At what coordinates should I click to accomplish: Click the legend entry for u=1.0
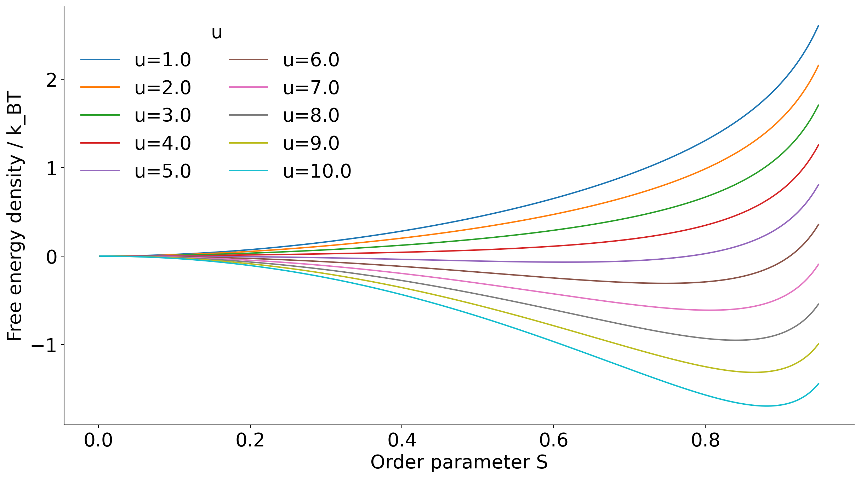click(x=162, y=60)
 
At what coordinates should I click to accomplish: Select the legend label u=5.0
click(x=162, y=171)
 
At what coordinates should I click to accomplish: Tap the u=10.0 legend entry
click(x=317, y=171)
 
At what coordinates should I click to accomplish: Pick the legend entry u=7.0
click(x=311, y=88)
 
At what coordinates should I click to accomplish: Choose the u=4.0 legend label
click(x=162, y=143)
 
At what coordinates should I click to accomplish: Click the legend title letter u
click(x=217, y=33)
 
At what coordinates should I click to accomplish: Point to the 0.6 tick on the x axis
click(x=553, y=440)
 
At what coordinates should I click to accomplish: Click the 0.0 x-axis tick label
click(x=98, y=440)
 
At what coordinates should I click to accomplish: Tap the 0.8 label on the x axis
click(x=705, y=440)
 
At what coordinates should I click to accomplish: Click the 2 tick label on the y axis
click(x=52, y=80)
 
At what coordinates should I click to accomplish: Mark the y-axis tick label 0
click(x=52, y=256)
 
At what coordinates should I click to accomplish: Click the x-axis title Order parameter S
click(x=459, y=462)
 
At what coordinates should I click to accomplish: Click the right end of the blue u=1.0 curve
click(x=819, y=25)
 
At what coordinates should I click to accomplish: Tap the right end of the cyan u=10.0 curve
click(x=819, y=384)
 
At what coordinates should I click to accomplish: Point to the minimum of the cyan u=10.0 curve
click(x=766, y=406)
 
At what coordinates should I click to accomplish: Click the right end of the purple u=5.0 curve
click(x=819, y=185)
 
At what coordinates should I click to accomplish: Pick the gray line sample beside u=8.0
click(x=248, y=115)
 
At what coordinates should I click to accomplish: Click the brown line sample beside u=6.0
click(x=248, y=60)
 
